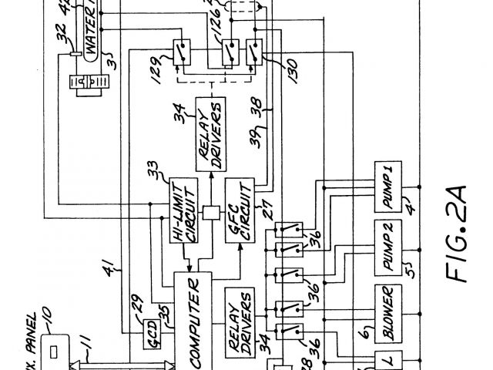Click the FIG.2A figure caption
pyautogui.click(x=461, y=235)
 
